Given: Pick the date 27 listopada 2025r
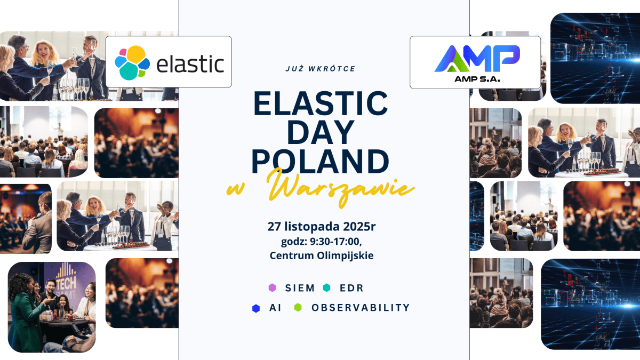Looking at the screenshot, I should [x=322, y=226].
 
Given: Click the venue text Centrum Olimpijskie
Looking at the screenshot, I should [x=322, y=255].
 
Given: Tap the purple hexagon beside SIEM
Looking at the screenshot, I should [x=273, y=288].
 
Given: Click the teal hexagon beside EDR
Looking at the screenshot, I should [x=326, y=288].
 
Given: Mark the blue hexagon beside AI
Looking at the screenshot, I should [x=256, y=308].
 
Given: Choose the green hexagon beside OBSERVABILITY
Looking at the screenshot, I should [x=298, y=308].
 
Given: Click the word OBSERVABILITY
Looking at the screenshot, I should [x=361, y=308].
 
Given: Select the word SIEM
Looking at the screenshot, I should [x=299, y=288].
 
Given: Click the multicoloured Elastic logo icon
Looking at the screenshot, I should [x=132, y=62].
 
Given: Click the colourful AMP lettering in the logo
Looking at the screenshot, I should [x=477, y=58].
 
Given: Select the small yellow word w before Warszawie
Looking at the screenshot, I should [x=235, y=190].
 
